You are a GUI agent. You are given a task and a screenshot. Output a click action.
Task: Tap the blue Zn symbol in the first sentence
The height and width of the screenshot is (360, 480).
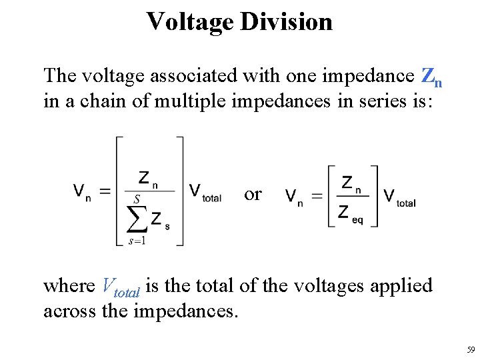(x=432, y=77)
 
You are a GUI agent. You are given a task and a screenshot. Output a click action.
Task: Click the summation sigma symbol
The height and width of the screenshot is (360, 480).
(x=137, y=217)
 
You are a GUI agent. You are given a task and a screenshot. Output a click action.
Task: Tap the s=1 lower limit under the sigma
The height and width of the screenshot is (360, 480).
(x=137, y=241)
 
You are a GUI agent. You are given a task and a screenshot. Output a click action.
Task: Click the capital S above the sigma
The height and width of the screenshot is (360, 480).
(x=136, y=199)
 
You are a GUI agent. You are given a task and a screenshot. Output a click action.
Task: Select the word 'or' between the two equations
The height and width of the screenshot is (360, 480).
(x=253, y=194)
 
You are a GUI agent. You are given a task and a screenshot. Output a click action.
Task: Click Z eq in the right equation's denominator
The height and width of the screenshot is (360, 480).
(x=350, y=213)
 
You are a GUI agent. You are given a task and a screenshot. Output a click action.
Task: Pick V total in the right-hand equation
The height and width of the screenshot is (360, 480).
(x=399, y=197)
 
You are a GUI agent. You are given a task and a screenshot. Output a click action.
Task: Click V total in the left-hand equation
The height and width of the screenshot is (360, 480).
(x=205, y=193)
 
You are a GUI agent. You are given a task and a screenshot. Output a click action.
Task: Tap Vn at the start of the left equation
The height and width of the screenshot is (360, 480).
(x=82, y=193)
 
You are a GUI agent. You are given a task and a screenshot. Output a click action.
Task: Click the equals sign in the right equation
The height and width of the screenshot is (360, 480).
(x=317, y=197)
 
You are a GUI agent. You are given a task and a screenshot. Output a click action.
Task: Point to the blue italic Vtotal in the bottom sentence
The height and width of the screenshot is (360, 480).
(x=121, y=287)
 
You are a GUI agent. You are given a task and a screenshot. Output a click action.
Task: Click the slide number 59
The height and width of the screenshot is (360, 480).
(x=470, y=350)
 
